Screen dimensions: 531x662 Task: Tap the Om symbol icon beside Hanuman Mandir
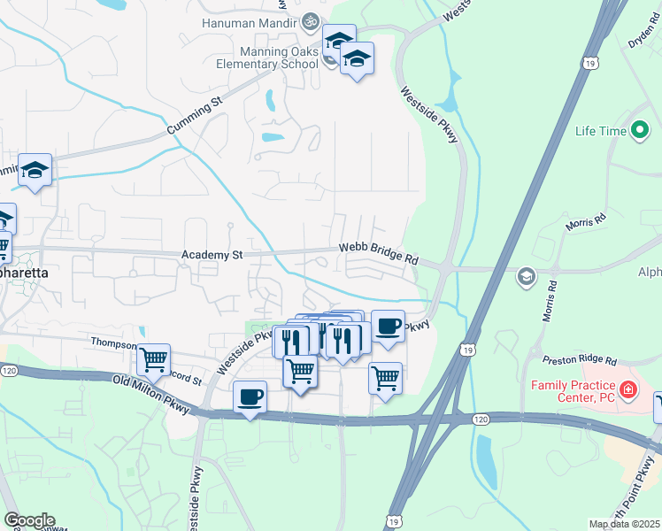(311, 21)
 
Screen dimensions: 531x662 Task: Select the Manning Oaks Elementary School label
(266, 58)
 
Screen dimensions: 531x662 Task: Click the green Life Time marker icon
(640, 132)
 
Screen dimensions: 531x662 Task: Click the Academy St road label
(212, 255)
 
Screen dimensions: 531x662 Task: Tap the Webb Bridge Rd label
(378, 255)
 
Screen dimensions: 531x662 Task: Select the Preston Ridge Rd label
(581, 360)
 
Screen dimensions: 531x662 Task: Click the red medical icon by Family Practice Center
(627, 389)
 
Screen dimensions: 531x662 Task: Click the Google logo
(29, 520)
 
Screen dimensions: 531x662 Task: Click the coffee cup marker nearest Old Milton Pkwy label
(250, 397)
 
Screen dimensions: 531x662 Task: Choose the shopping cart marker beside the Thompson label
(154, 359)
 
